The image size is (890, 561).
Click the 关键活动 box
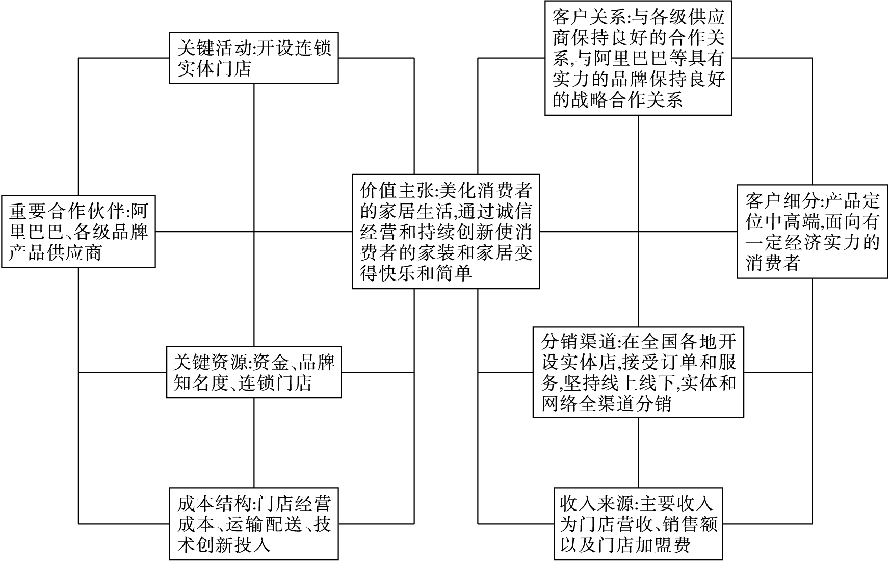pos(253,58)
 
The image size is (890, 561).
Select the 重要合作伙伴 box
pos(78,231)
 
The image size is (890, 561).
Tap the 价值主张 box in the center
pos(446,231)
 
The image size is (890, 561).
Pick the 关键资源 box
pos(253,372)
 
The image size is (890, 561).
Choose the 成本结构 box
pos(253,523)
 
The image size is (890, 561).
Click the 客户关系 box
pos(638,58)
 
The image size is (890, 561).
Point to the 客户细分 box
pos(812,231)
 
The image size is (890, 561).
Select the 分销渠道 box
pos(638,372)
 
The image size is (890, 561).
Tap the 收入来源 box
pos(638,523)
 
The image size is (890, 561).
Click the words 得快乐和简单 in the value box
pos(416,274)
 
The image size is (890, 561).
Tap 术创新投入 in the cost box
pos(224,545)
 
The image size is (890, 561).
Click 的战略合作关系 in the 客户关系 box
pos(617,100)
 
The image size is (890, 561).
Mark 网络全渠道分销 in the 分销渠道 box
pos(606,404)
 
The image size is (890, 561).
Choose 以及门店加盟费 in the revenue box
pos(625,545)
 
